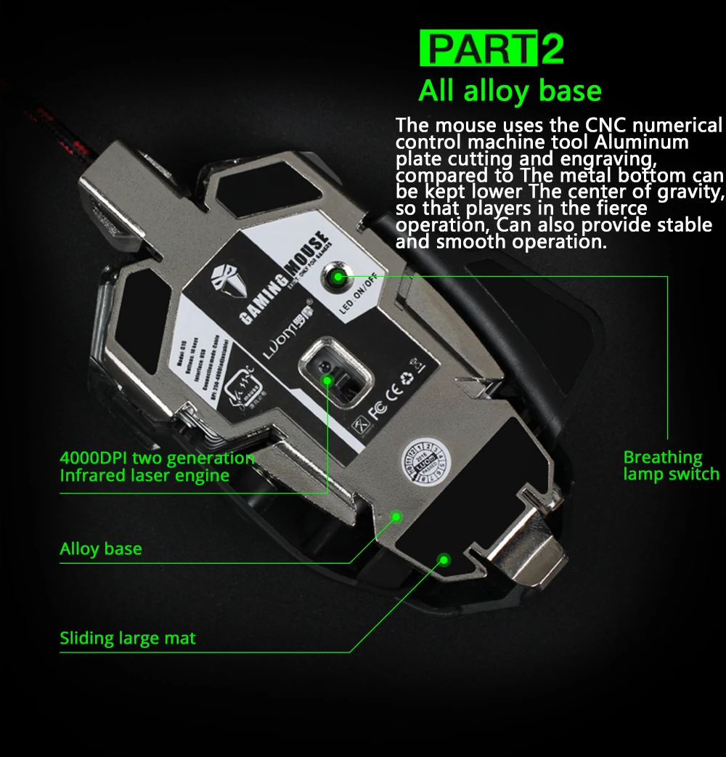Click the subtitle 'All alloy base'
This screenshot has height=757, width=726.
click(x=510, y=92)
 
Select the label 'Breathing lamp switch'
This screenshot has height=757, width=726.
click(x=671, y=466)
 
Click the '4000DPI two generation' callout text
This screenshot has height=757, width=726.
click(x=157, y=458)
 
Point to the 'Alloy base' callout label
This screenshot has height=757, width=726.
click(x=101, y=548)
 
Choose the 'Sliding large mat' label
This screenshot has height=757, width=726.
click(x=128, y=639)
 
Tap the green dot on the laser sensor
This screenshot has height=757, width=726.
click(x=327, y=379)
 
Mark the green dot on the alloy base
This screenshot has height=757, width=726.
click(x=396, y=517)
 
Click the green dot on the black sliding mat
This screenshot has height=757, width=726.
click(x=444, y=559)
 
